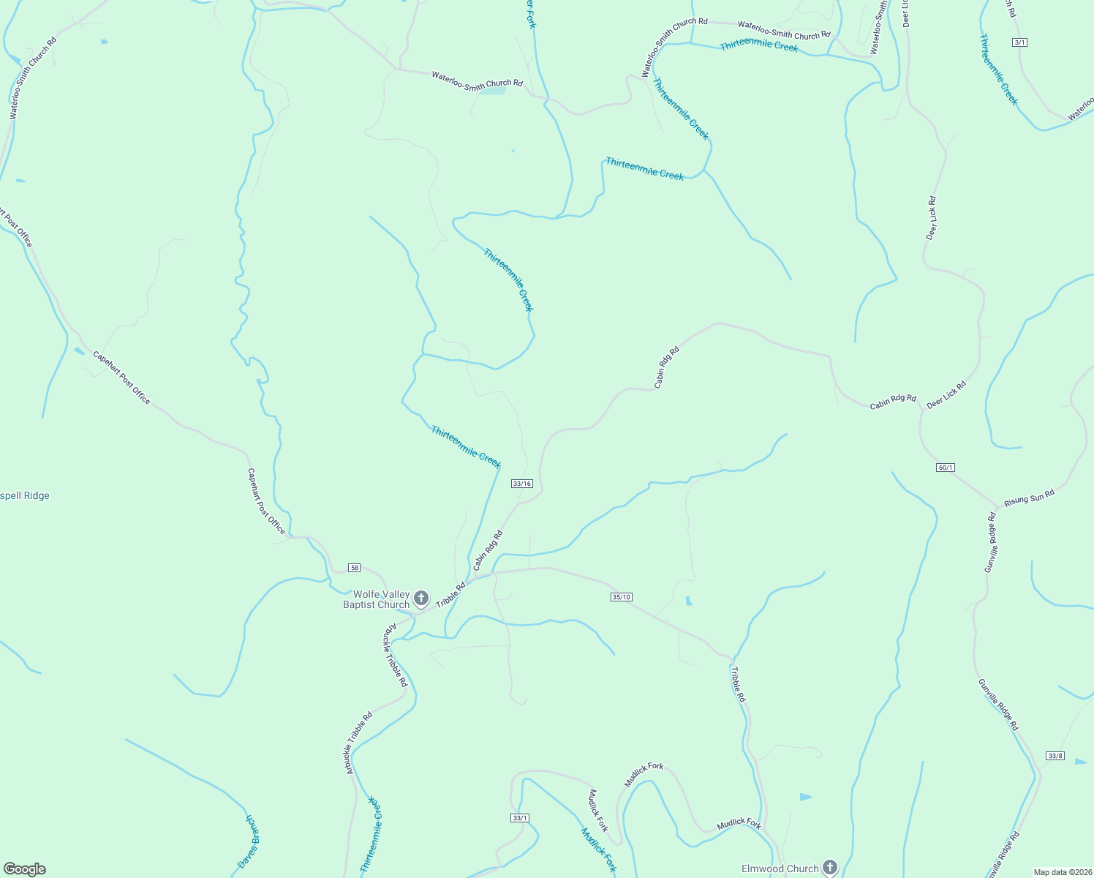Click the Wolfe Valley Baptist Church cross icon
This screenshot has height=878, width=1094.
pos(421,599)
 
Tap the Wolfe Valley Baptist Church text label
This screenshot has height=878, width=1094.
pos(377,599)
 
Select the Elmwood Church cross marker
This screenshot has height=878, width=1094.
pos(829,868)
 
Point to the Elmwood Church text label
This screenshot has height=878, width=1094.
pos(780,868)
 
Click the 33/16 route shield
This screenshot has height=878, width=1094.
pos(522,484)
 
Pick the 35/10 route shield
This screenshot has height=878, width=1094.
pos(621,597)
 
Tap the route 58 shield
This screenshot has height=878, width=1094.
pos(355,568)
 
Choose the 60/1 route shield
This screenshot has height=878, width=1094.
pos(946,468)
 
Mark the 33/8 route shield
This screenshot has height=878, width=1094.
pos(1055,756)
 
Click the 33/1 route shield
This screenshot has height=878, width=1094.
pos(520,818)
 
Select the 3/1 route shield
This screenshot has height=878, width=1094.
pos(1020,42)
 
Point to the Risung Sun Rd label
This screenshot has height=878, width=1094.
pos(1029,498)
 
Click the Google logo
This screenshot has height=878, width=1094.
pos(24,869)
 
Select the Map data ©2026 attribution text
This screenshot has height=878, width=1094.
pos(1062,872)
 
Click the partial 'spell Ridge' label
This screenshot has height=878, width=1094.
pos(25,496)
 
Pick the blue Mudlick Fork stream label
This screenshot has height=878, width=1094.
pos(598,849)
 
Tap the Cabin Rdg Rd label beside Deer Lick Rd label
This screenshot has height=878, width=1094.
pos(892,402)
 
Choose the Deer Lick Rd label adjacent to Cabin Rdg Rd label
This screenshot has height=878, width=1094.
pos(946,394)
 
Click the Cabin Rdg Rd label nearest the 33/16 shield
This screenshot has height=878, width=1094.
pos(488,551)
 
